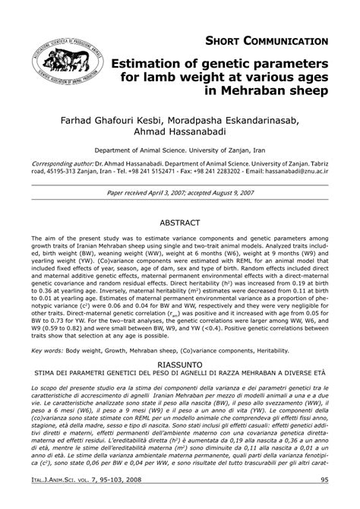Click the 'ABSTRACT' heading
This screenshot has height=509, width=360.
(180, 225)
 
